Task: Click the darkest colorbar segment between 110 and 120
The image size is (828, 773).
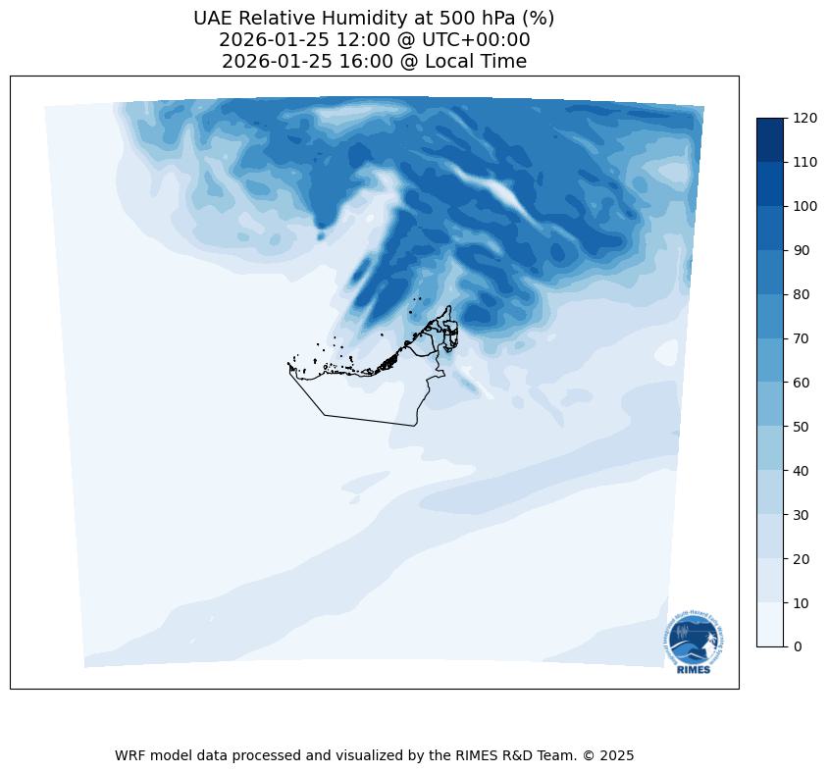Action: pos(771,139)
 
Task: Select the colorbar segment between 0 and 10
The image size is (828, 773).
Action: pos(771,624)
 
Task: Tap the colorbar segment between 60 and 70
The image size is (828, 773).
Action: pos(771,360)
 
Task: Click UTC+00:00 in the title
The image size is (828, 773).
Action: pos(476,39)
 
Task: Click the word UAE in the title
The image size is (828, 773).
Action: pos(213,18)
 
